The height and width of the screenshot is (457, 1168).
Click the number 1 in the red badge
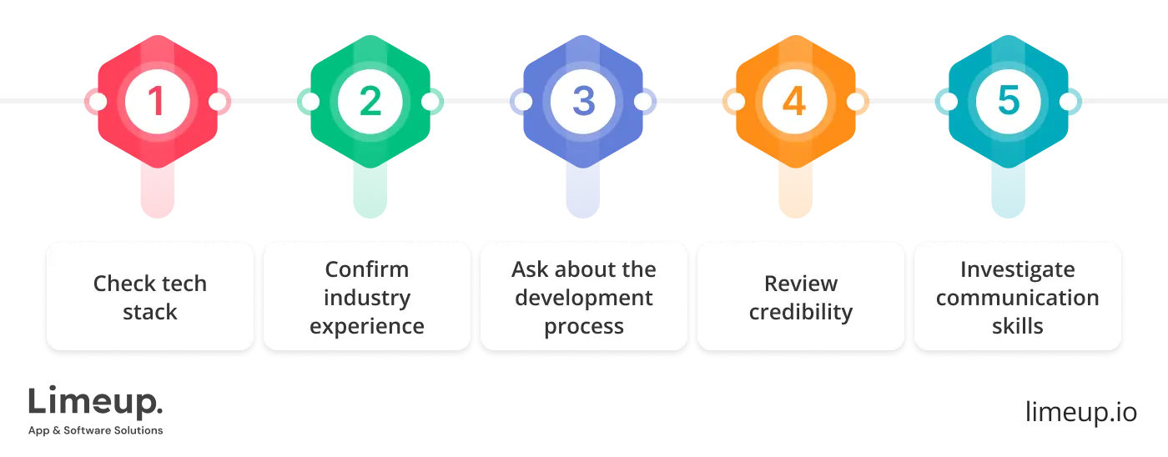coord(156,101)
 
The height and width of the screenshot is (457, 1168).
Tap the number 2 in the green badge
coord(370,101)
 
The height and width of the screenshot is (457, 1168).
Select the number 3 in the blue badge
coord(583,101)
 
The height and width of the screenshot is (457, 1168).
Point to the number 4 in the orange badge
coord(794,101)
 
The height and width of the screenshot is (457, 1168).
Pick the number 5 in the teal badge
coord(1008,101)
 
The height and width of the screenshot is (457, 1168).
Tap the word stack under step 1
coord(150,312)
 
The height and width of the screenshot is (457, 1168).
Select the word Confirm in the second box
coord(367,269)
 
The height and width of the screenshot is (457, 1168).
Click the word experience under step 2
coord(367,326)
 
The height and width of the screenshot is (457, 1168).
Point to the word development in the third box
coord(584,298)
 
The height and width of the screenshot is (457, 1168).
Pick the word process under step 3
coord(584,326)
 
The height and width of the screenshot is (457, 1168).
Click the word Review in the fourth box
coord(801,284)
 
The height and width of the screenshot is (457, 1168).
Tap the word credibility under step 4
coord(801,312)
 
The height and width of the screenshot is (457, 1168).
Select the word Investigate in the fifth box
coord(1017,269)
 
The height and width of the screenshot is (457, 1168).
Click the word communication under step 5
coord(1017,298)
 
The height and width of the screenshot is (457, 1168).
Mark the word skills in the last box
coord(1017,326)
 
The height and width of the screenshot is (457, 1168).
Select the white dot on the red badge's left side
coord(97,102)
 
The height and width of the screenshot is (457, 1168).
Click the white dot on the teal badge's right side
coord(1069,102)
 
